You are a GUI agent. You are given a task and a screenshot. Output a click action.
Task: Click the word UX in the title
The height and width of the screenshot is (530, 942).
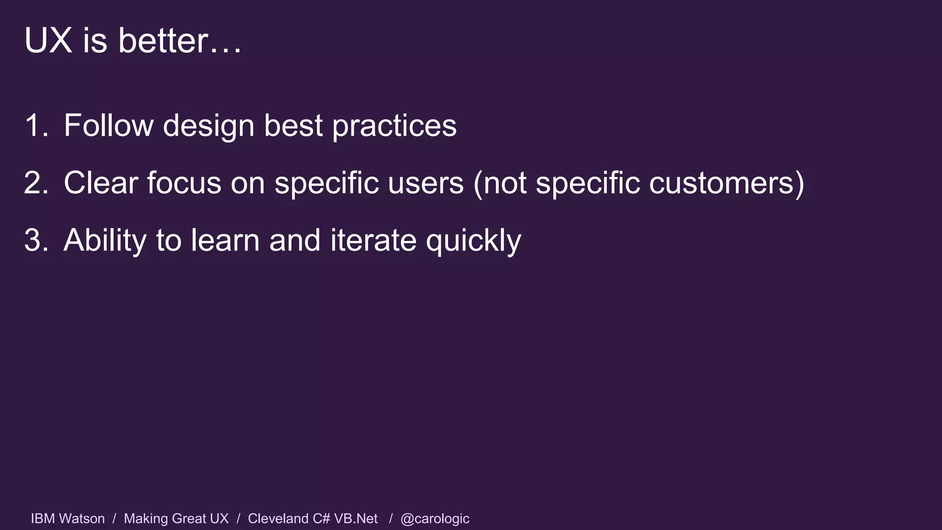coord(48,40)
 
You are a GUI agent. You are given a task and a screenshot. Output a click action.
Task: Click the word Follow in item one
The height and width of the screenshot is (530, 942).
coord(109,125)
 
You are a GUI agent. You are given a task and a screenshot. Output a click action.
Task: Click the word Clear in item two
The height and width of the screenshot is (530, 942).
coord(101,183)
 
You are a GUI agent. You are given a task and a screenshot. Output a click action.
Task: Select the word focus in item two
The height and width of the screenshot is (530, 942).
coord(184,183)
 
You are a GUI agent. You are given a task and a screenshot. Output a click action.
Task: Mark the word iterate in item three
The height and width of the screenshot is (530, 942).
coord(373,240)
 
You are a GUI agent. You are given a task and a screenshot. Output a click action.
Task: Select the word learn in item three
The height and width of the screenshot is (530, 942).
coord(225,240)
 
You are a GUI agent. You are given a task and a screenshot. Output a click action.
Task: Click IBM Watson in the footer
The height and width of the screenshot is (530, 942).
coord(68,518)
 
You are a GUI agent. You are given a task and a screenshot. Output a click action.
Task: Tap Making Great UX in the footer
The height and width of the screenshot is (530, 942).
coord(176,518)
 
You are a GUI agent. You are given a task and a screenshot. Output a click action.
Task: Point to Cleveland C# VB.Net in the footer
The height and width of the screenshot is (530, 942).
coord(313,518)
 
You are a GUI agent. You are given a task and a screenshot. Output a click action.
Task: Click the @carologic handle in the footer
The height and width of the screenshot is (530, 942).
coord(435,519)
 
